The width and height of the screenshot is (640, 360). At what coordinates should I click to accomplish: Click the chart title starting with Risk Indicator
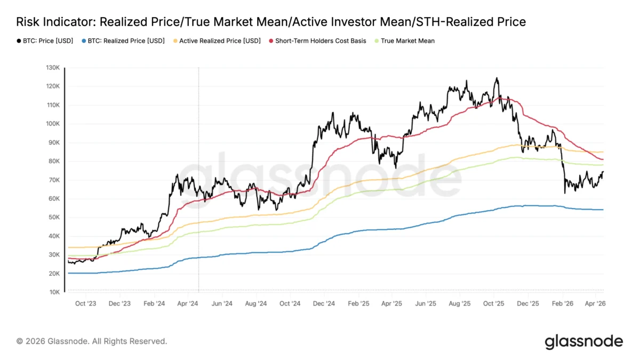click(x=271, y=22)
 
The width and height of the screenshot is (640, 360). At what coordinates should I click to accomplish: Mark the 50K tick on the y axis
click(x=53, y=218)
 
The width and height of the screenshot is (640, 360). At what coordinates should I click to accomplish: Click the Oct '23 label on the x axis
click(x=86, y=303)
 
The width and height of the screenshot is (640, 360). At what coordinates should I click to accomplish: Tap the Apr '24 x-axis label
click(x=188, y=303)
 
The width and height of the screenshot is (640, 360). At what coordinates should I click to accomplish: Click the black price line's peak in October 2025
click(x=497, y=78)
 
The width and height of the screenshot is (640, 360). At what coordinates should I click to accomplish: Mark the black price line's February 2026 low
click(x=565, y=193)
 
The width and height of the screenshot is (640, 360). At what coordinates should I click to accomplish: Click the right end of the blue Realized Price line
click(x=603, y=210)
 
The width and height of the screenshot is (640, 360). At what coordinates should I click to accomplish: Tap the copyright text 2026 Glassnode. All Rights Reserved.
click(x=92, y=341)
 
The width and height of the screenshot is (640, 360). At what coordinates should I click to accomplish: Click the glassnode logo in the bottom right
click(x=583, y=341)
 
